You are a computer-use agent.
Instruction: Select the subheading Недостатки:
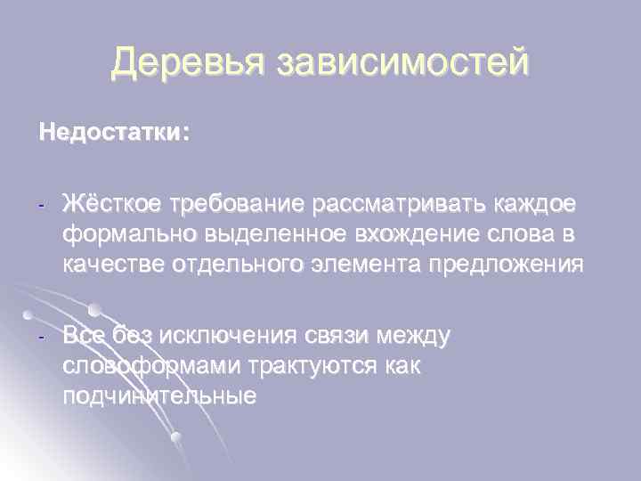point(114,134)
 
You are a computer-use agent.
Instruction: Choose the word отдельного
point(242,265)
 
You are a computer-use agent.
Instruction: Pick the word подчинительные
point(158,395)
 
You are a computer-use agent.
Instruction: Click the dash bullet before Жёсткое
point(41,207)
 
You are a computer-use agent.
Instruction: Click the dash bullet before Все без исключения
point(41,338)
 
